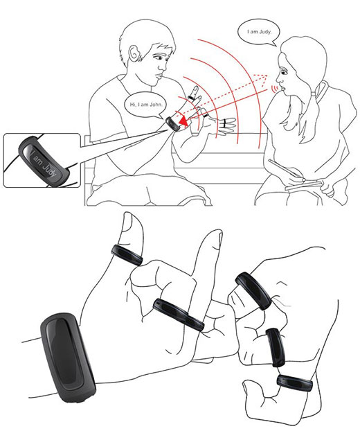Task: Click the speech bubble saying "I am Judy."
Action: (259, 32)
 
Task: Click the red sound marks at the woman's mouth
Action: (273, 89)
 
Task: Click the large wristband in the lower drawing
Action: (68, 357)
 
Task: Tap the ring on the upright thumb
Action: (127, 255)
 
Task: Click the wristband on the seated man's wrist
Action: (173, 124)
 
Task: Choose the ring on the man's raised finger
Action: (192, 98)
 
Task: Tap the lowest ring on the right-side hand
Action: (295, 382)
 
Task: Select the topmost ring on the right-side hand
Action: (253, 290)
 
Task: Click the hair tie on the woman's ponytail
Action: (320, 89)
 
